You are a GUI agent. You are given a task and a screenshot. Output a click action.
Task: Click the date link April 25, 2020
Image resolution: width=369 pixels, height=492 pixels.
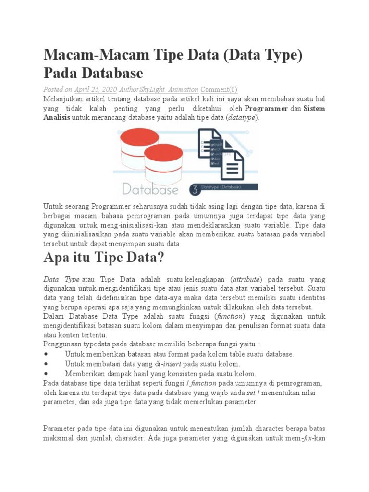[x=95, y=89]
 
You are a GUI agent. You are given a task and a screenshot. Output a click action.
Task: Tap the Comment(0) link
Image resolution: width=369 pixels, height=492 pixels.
[x=219, y=89]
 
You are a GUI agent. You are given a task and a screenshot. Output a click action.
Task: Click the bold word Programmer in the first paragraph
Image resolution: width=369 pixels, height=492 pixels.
[x=266, y=108]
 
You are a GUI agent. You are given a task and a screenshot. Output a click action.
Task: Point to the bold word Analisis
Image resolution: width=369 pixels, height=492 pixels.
[x=57, y=117]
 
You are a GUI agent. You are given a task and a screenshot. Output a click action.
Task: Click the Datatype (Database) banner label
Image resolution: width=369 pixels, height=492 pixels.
[x=221, y=187]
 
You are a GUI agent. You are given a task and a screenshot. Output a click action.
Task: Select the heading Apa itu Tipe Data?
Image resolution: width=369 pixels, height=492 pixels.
[x=104, y=258]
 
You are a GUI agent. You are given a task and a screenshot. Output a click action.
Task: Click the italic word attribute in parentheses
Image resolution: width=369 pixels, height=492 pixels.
[x=246, y=279]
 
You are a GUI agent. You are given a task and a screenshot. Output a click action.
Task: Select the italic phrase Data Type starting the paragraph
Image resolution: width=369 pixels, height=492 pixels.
[x=61, y=279]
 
